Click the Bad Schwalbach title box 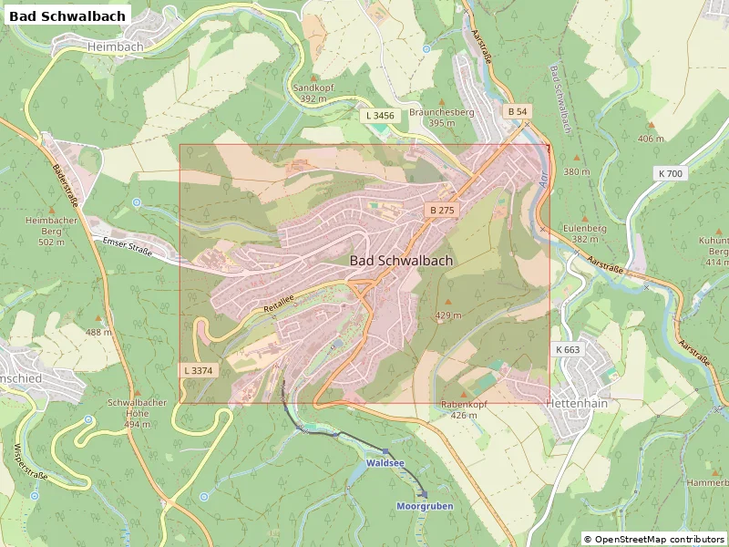(67, 15)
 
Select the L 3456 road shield (380, 116)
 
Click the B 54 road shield (517, 111)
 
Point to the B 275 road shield (442, 210)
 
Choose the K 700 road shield (670, 173)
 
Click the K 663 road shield (567, 349)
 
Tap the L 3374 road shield (198, 370)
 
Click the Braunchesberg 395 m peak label (442, 117)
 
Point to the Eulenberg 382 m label (584, 233)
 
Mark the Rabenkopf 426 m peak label (464, 408)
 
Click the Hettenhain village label (576, 402)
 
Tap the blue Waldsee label (385, 463)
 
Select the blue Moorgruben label (425, 505)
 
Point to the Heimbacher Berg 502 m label (51, 231)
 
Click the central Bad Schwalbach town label (401, 260)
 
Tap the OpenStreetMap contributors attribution (653, 539)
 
